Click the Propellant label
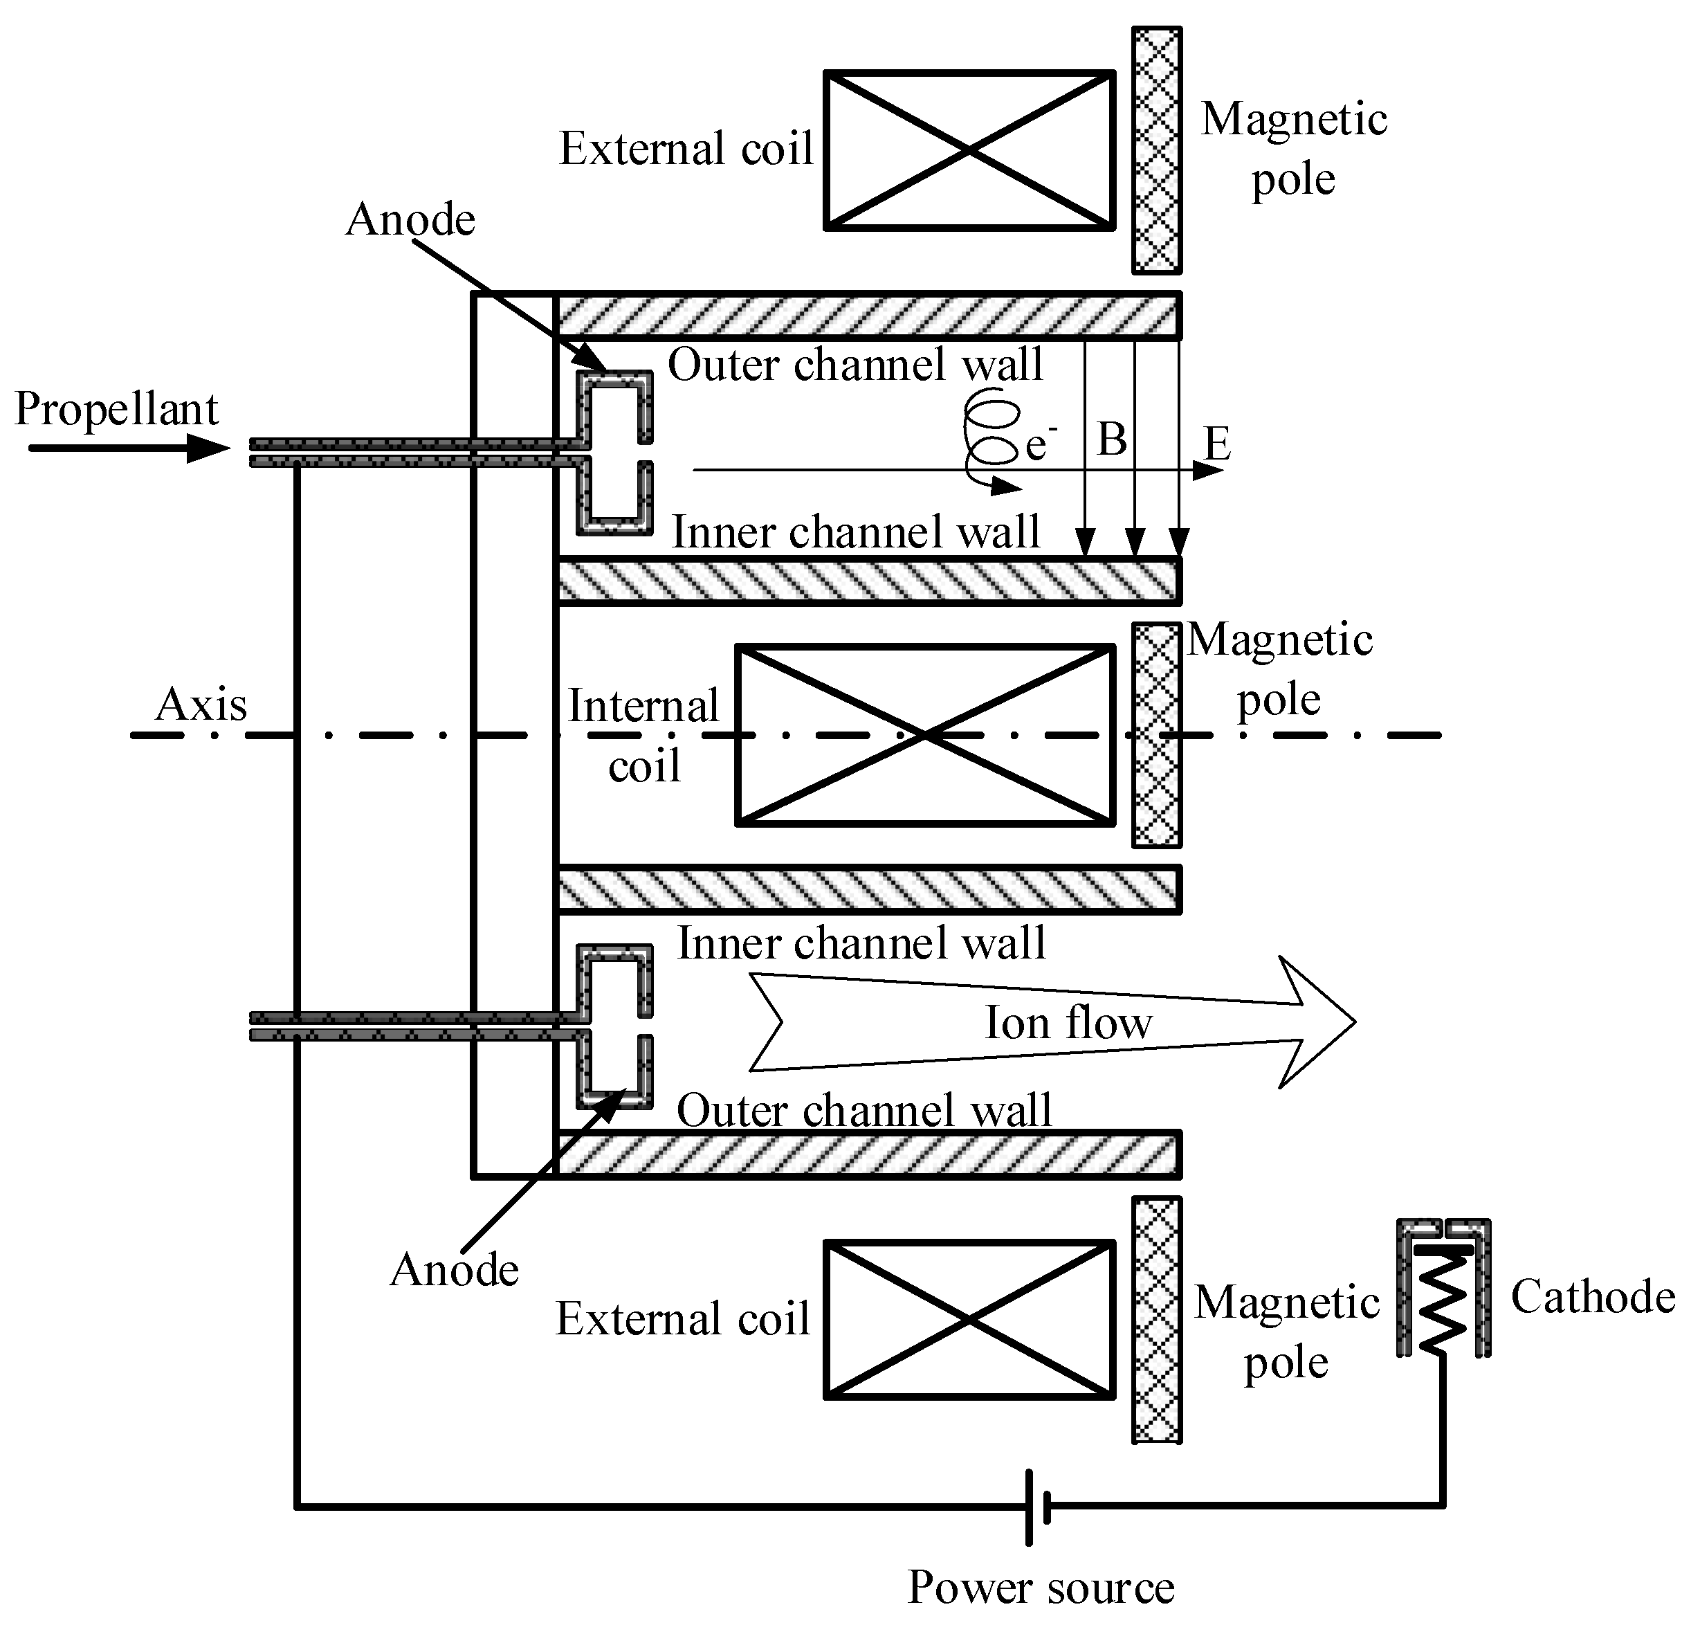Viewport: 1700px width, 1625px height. (x=117, y=409)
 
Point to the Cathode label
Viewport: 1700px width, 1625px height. (x=1593, y=1298)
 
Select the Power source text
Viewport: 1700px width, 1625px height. (x=1040, y=1588)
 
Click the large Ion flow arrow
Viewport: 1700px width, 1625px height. (x=1052, y=1023)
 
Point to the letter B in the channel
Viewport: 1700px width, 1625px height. (x=1112, y=439)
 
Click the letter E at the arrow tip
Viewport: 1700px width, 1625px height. (x=1218, y=444)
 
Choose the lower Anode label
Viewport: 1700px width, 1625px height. (x=454, y=1271)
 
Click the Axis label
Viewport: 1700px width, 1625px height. (x=201, y=705)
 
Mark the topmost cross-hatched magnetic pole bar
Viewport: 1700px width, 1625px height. (x=1156, y=151)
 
